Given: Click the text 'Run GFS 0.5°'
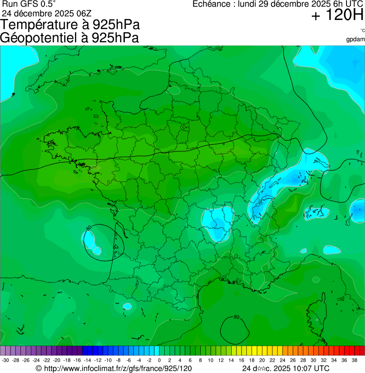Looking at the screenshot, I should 28,4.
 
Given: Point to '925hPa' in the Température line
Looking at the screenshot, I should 116,25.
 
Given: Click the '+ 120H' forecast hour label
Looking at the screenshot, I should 337,16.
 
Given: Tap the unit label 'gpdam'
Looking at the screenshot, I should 356,39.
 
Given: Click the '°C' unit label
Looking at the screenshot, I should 362,31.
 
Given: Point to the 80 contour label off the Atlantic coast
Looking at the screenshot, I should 89,228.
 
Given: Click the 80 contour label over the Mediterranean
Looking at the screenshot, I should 236,317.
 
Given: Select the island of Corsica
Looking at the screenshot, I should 317,316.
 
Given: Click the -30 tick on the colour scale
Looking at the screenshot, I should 5,361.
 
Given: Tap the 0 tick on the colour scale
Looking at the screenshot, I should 159,361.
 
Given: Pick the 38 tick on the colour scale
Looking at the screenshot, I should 355,361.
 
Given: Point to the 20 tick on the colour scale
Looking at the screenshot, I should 262,361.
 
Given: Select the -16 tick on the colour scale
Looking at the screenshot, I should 77,361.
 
